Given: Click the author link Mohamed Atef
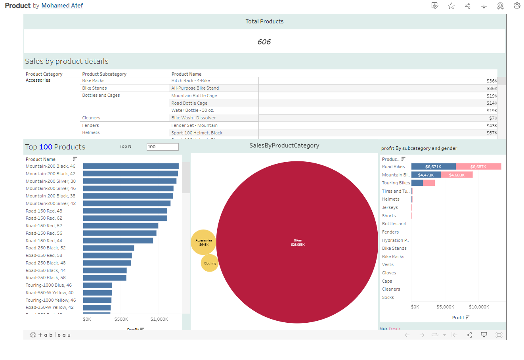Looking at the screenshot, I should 62,6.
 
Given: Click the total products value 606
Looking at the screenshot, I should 264,42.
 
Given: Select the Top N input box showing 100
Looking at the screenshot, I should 163,147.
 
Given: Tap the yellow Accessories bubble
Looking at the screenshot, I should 203,242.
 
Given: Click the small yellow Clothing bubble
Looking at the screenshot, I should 210,263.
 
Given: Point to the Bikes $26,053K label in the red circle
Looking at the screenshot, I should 298,243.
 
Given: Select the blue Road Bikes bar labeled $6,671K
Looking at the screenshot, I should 433,167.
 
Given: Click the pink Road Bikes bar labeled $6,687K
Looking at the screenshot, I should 478,167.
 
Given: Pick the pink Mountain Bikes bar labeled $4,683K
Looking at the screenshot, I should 457,175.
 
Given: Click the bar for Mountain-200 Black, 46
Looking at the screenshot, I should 131,166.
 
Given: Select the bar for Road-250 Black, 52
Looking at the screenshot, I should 109,248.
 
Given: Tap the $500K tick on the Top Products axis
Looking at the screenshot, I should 121,319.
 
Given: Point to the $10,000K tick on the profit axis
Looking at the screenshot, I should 479,307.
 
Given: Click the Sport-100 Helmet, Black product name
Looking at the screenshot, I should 197,133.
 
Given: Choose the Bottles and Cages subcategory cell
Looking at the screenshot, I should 101,95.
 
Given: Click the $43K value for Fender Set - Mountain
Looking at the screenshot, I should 491,126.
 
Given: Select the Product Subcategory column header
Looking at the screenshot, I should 104,74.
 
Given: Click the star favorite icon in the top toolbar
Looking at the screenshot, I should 451,6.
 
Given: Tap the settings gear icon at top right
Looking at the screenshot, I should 517,6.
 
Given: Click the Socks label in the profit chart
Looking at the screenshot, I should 388,297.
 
